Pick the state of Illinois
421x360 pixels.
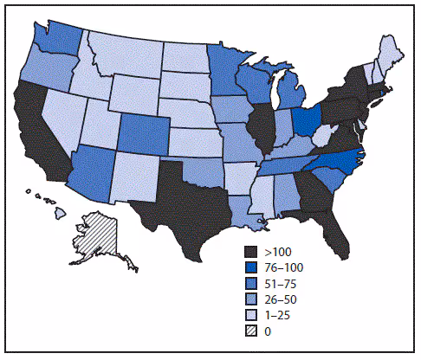258,126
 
